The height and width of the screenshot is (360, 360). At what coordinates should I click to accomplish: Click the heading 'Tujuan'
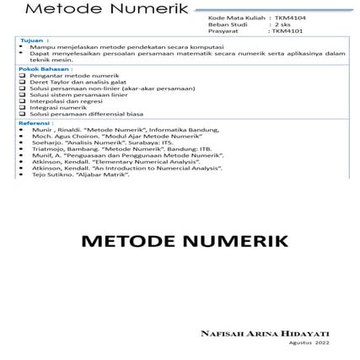point(32,40)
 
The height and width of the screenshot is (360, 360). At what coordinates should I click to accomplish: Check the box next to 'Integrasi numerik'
point(23,108)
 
